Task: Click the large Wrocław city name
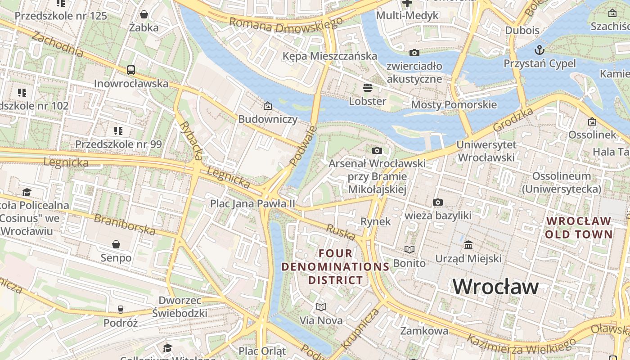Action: [495, 287]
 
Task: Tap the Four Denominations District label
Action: [335, 266]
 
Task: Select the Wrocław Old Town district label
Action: [579, 228]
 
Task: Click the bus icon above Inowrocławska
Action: [131, 70]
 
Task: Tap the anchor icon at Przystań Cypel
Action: [539, 49]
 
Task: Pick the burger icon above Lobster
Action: [368, 87]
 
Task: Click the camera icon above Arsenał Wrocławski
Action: [377, 150]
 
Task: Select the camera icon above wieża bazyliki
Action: [437, 202]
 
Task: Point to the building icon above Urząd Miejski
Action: [468, 245]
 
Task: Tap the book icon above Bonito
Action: [409, 249]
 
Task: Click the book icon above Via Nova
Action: [321, 307]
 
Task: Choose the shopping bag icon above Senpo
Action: [116, 244]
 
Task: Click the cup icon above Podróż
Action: [120, 309]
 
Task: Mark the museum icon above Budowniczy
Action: [268, 106]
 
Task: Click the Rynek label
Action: [376, 221]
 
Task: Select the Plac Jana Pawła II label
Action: [252, 203]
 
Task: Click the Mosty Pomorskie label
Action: [454, 105]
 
